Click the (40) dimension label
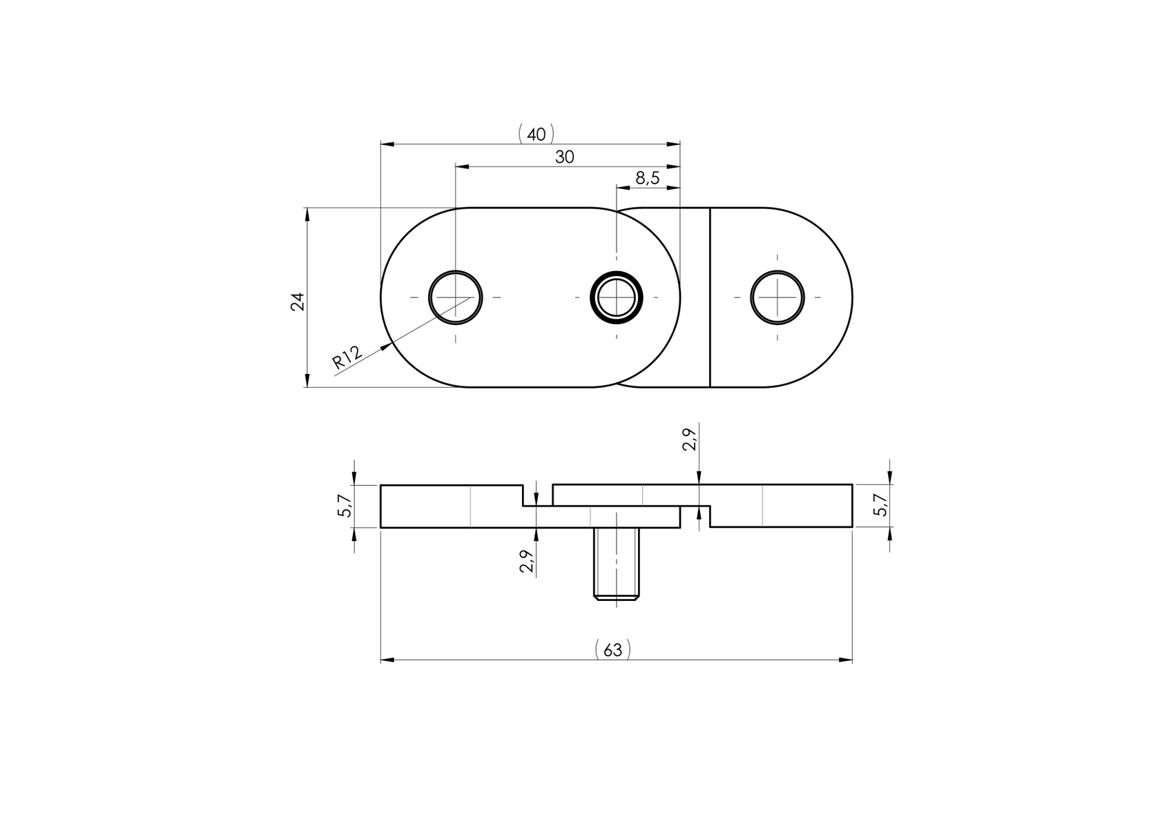coord(536,134)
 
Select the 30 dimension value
coord(564,157)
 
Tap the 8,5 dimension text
coord(647,179)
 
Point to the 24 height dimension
coord(298,302)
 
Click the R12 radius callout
coord(347,359)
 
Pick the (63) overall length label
coord(612,650)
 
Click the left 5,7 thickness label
coord(345,506)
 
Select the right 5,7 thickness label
coord(880,506)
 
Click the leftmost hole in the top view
coord(455,297)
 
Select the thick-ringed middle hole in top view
coord(616,297)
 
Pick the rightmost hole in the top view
coord(777,297)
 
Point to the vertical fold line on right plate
coord(710,297)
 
